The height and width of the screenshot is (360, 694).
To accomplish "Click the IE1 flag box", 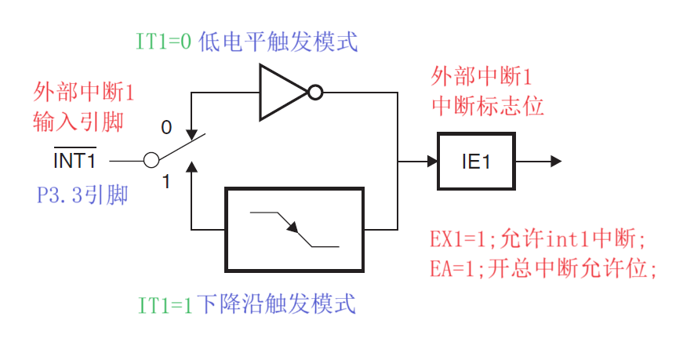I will [x=477, y=162].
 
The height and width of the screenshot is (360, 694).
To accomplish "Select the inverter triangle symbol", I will [x=282, y=93].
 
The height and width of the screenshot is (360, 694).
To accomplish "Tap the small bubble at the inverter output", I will [x=314, y=93].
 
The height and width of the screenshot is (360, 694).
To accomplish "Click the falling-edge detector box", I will [x=295, y=229].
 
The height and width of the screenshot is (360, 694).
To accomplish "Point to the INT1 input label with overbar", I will [x=74, y=161].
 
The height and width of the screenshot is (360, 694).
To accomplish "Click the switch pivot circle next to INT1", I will [x=151, y=161].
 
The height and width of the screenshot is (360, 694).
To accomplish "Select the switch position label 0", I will [x=165, y=126].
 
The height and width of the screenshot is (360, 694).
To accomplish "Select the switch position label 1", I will [x=165, y=182].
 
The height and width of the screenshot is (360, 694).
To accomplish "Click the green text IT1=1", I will [x=165, y=304].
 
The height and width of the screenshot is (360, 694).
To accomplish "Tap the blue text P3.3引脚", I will [x=82, y=194].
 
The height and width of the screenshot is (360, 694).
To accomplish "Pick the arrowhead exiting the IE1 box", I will [x=556, y=162].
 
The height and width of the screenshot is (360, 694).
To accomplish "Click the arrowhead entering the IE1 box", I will [x=432, y=162].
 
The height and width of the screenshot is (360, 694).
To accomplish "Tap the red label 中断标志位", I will [x=487, y=106].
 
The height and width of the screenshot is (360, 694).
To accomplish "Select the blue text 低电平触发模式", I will [x=279, y=42].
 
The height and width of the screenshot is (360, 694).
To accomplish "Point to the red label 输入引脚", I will [x=78, y=122].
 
